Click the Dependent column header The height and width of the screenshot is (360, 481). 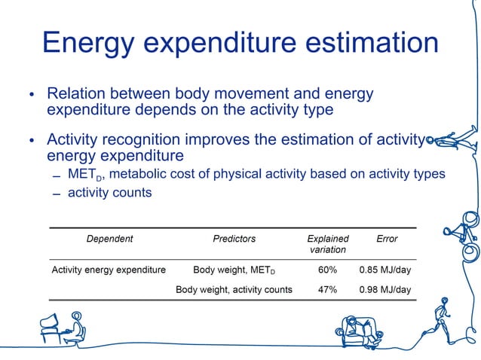[x=109, y=239]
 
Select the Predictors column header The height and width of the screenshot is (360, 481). [x=234, y=239]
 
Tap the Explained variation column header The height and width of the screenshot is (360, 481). [x=327, y=244]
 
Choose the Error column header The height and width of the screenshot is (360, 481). [x=386, y=239]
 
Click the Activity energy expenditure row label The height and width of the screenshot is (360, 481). [x=108, y=270]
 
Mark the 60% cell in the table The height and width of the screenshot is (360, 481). [x=327, y=270]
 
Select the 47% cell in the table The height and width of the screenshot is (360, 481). [x=327, y=289]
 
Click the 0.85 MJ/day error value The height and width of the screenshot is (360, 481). [x=385, y=270]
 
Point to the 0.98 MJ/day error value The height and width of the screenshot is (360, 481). [x=385, y=289]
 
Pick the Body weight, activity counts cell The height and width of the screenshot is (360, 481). [x=234, y=289]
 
